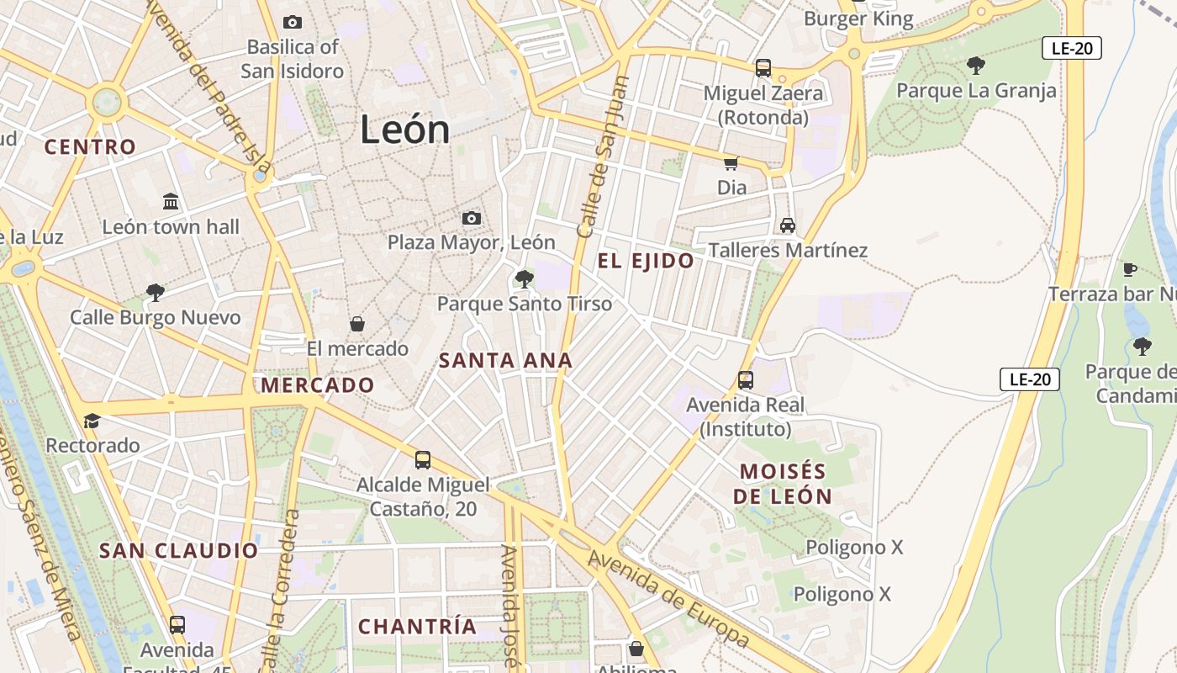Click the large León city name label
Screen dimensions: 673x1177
pos(404,130)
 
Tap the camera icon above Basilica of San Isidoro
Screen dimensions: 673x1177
pos(293,22)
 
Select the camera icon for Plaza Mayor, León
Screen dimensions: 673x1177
pos(472,219)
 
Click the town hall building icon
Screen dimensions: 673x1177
pos(171,201)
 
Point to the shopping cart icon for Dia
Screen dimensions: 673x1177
pos(731,162)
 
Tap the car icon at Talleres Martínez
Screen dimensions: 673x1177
pos(787,225)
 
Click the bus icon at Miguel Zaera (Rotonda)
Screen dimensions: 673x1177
pos(763,67)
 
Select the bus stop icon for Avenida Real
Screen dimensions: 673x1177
pos(746,379)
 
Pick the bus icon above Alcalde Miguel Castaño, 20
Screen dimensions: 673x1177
pos(423,459)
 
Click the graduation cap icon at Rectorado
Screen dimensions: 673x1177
pos(92,420)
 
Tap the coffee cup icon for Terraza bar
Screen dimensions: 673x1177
pos(1130,269)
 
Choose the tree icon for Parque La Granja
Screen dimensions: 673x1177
pos(975,65)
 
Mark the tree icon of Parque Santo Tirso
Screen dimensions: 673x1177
pos(525,278)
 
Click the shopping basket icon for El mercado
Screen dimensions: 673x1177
pos(357,324)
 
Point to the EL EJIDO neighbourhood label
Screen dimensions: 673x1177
pos(646,261)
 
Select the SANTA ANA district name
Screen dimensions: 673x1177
pos(505,361)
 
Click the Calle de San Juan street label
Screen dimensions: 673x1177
pos(604,156)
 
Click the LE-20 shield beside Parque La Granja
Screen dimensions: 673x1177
pos(1071,48)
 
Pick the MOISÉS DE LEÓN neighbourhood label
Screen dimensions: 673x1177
pos(782,484)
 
